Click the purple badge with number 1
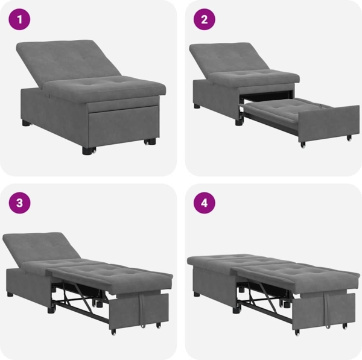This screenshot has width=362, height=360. [x=20, y=20]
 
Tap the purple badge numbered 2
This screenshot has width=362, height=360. [x=205, y=20]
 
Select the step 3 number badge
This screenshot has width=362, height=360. [x=20, y=203]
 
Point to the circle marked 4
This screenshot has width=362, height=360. [x=205, y=203]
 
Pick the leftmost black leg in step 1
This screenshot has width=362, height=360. [x=26, y=122]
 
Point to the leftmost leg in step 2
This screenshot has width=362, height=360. [x=197, y=106]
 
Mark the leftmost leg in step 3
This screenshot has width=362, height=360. [x=10, y=295]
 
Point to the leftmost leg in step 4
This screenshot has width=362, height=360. [x=197, y=294]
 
